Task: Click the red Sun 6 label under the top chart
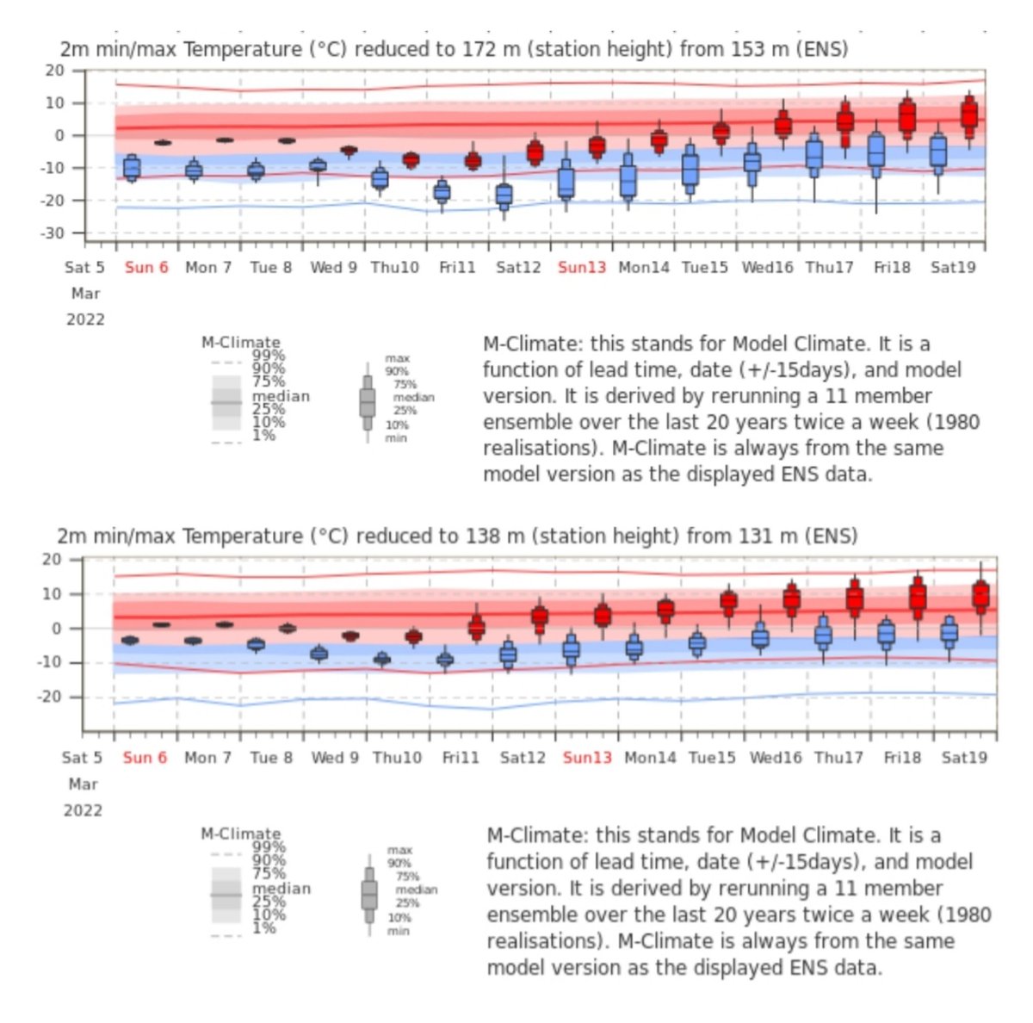tap(146, 268)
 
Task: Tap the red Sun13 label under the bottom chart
tap(587, 758)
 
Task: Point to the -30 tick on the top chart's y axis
tap(54, 233)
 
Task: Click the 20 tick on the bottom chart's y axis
tap(53, 560)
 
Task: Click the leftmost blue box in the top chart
tap(132, 166)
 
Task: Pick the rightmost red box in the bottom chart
tap(980, 595)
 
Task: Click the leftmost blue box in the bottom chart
tap(130, 640)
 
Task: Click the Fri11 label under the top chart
tap(457, 268)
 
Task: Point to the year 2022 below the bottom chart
tap(84, 810)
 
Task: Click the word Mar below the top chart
tap(85, 294)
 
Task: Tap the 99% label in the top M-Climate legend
tap(268, 355)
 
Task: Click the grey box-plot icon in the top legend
tap(368, 401)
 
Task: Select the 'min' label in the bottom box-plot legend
tap(398, 931)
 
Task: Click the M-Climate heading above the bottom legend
tap(241, 834)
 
